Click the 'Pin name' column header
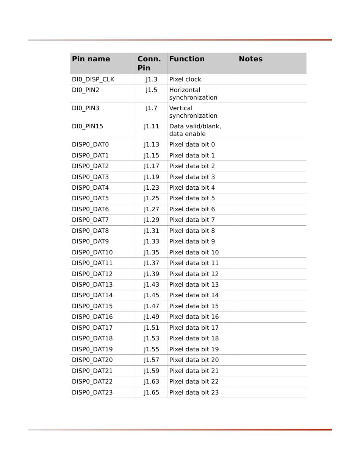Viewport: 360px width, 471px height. click(91, 59)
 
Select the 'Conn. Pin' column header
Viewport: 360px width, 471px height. click(149, 63)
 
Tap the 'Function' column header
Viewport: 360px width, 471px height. click(187, 59)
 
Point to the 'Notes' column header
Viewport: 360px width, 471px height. click(250, 59)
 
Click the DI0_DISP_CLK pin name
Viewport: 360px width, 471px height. click(93, 80)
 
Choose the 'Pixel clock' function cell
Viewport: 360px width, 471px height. click(185, 80)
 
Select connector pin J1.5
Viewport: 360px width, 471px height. click(151, 90)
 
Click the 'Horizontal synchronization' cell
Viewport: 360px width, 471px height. click(193, 94)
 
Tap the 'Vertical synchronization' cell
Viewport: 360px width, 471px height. click(193, 112)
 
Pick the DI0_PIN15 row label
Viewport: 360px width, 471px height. click(88, 126)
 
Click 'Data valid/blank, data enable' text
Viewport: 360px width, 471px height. click(195, 130)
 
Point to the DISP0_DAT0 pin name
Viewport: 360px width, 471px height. click(90, 145)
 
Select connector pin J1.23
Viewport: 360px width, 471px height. click(151, 188)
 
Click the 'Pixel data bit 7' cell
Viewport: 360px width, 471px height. click(192, 220)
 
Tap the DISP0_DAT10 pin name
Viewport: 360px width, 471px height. click(92, 253)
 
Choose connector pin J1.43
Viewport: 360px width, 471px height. click(151, 285)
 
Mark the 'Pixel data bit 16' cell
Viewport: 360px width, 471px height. click(194, 317)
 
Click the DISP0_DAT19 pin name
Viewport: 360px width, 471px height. click(92, 349)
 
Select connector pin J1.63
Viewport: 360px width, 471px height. click(151, 382)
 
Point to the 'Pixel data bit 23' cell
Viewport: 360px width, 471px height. click(194, 393)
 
